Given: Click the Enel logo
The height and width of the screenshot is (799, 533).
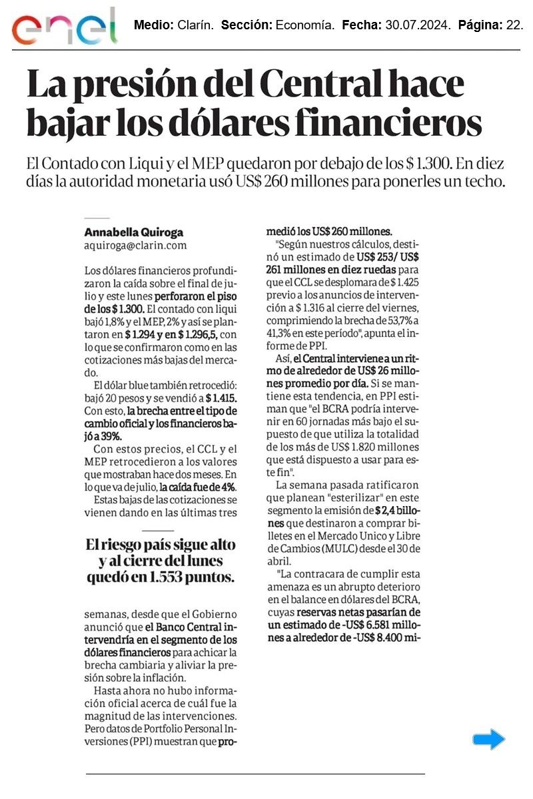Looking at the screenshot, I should coord(64,27).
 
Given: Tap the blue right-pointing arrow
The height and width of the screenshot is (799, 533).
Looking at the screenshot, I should coord(489,739).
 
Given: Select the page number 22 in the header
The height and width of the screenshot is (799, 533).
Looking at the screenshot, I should coord(515,25).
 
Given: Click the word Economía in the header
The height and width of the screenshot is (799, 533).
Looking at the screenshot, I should coord(305,25).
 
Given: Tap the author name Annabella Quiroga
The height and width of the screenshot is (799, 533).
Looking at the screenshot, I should coord(133,232).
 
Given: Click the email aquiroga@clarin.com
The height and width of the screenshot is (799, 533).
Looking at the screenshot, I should coord(135,245).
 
